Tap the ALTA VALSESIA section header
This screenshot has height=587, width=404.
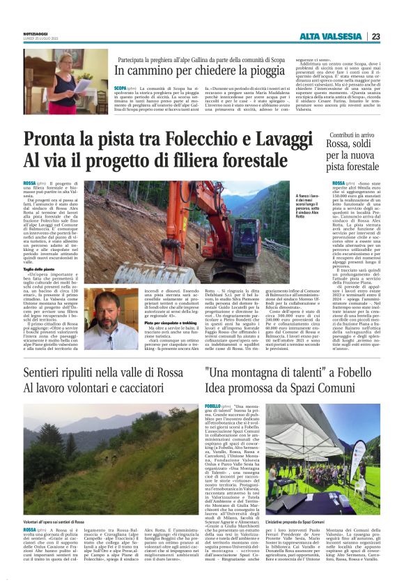coord(330,36)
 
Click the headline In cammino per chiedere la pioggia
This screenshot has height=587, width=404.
coord(199,71)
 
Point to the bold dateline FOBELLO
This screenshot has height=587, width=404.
coord(212,406)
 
